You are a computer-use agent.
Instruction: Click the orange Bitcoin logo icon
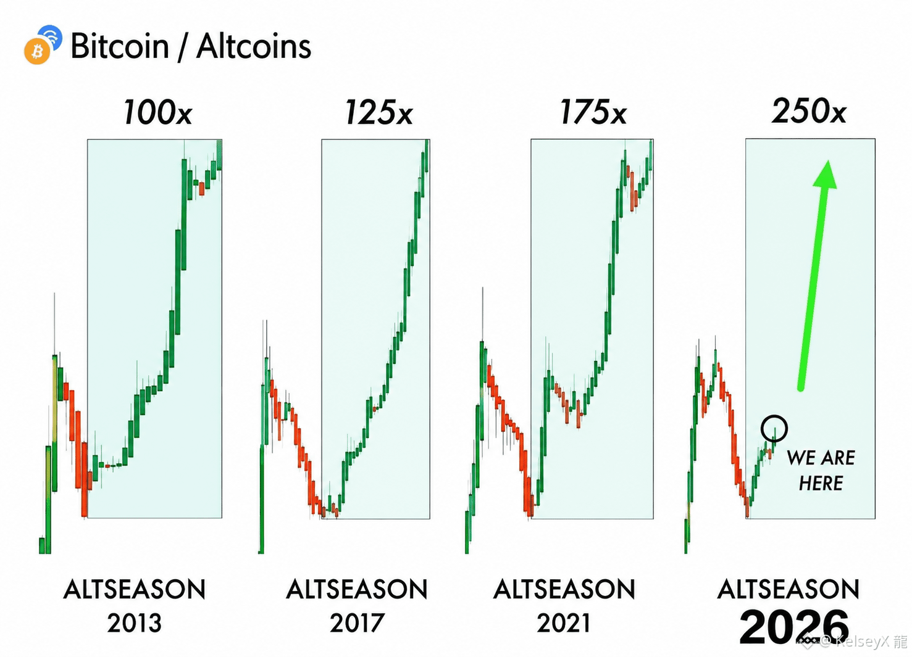pos(37,51)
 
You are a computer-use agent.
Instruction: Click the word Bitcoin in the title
pos(120,46)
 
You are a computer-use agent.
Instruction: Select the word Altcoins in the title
pos(254,46)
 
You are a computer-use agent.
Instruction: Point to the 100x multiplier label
pos(157,112)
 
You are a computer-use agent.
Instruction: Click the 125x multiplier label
pos(379,112)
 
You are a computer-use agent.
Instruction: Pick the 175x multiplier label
pos(593,112)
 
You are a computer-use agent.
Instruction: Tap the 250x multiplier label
pos(809,110)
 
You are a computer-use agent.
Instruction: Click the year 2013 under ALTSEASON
pos(135,623)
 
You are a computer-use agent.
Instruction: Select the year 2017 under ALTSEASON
pos(357,623)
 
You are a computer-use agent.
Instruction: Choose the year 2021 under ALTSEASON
pos(564,623)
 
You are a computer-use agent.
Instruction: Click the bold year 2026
pos(794,627)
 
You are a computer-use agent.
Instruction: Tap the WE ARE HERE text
pos(821,470)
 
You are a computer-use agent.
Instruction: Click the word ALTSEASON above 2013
pos(135,589)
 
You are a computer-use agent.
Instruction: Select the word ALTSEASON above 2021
pos(564,589)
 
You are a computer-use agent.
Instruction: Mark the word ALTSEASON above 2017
pos(357,589)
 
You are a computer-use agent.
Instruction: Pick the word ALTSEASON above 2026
pos(789,589)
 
